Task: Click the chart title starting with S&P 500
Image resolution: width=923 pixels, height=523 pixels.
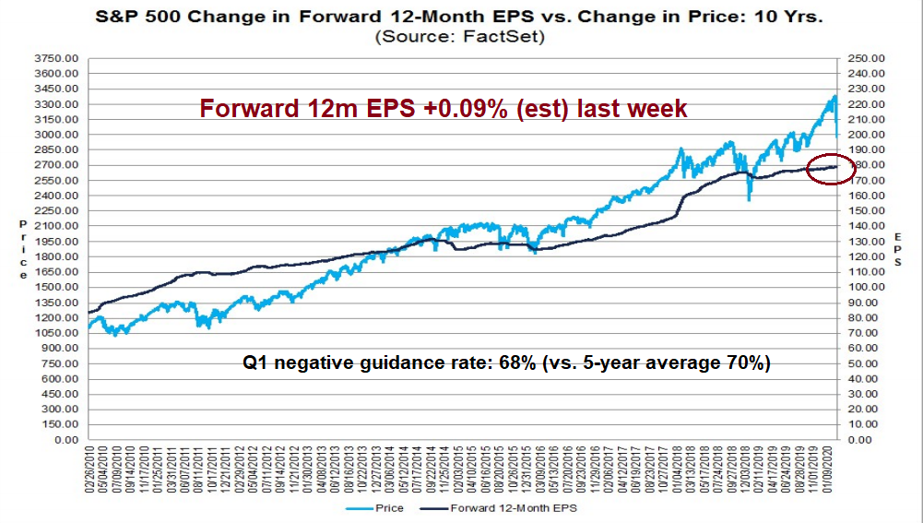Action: point(462,17)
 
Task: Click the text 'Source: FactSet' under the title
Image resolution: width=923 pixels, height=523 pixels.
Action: point(462,38)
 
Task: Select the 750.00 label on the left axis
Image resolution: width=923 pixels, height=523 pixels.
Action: point(63,363)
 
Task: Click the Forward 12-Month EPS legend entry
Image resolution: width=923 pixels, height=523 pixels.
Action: point(512,508)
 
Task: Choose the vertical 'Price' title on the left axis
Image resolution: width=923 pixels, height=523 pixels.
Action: point(23,249)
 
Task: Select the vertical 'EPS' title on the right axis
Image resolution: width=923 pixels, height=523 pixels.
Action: point(897,249)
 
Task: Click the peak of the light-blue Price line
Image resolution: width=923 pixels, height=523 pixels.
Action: point(834,95)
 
